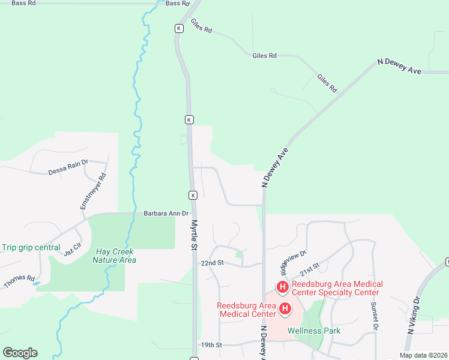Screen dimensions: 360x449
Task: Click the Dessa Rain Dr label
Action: click(68, 167)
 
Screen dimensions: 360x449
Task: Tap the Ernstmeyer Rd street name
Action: click(93, 192)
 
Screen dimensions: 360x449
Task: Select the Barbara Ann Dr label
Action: click(166, 213)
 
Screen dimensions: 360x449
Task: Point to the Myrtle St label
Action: click(194, 234)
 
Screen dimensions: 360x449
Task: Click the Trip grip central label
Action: click(31, 247)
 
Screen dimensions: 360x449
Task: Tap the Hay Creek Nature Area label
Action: click(114, 256)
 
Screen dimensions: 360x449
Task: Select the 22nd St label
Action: click(212, 263)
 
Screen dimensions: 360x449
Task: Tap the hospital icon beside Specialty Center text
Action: click(283, 287)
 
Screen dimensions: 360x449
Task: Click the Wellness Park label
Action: click(314, 331)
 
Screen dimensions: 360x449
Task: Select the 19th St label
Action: click(211, 345)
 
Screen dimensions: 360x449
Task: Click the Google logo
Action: click(20, 353)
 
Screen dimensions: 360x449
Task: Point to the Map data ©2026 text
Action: click(423, 355)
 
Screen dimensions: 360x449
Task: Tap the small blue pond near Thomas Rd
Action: click(37, 283)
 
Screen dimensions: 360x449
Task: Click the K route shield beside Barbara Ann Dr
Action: click(193, 196)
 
